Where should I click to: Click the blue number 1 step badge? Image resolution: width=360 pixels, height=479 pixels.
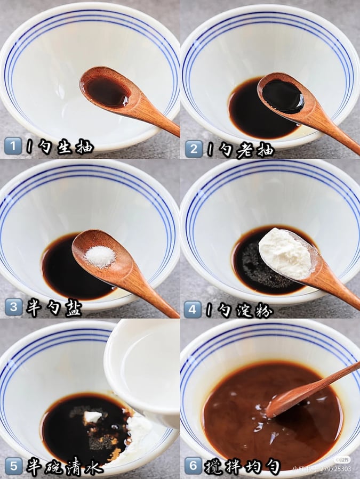(13, 146)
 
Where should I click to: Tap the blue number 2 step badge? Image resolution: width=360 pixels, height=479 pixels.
(194, 149)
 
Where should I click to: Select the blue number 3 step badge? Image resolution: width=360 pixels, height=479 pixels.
(13, 306)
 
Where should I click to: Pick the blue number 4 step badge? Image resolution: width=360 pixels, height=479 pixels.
(193, 309)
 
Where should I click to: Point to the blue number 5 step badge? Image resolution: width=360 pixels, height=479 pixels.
(13, 466)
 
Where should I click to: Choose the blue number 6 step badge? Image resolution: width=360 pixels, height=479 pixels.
(193, 466)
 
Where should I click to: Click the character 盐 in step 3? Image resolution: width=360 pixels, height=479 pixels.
(73, 308)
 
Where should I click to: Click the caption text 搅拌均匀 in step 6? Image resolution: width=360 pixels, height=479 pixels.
(243, 467)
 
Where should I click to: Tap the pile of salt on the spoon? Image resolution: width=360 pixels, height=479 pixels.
(100, 256)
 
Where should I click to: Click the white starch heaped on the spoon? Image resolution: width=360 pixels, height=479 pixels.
(285, 252)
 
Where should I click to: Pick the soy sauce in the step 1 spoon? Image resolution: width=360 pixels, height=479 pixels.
(107, 91)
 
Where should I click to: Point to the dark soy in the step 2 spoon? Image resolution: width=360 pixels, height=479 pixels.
(283, 96)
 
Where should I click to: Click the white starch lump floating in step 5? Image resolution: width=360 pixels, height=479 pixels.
(93, 416)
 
